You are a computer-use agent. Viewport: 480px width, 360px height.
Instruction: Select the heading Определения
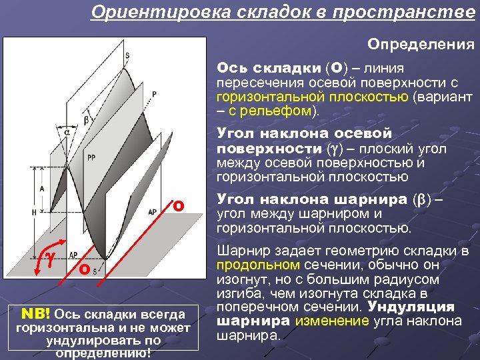[421, 45]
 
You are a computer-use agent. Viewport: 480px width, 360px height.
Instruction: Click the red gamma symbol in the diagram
[49, 257]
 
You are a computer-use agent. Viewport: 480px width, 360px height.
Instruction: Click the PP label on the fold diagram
[91, 158]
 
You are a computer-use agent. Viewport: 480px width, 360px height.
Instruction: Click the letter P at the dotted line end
[154, 94]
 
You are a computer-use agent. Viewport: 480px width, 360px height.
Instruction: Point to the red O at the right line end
[178, 205]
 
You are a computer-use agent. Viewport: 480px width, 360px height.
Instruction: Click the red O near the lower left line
[83, 270]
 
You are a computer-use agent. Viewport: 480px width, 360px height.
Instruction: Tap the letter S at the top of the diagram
[127, 55]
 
